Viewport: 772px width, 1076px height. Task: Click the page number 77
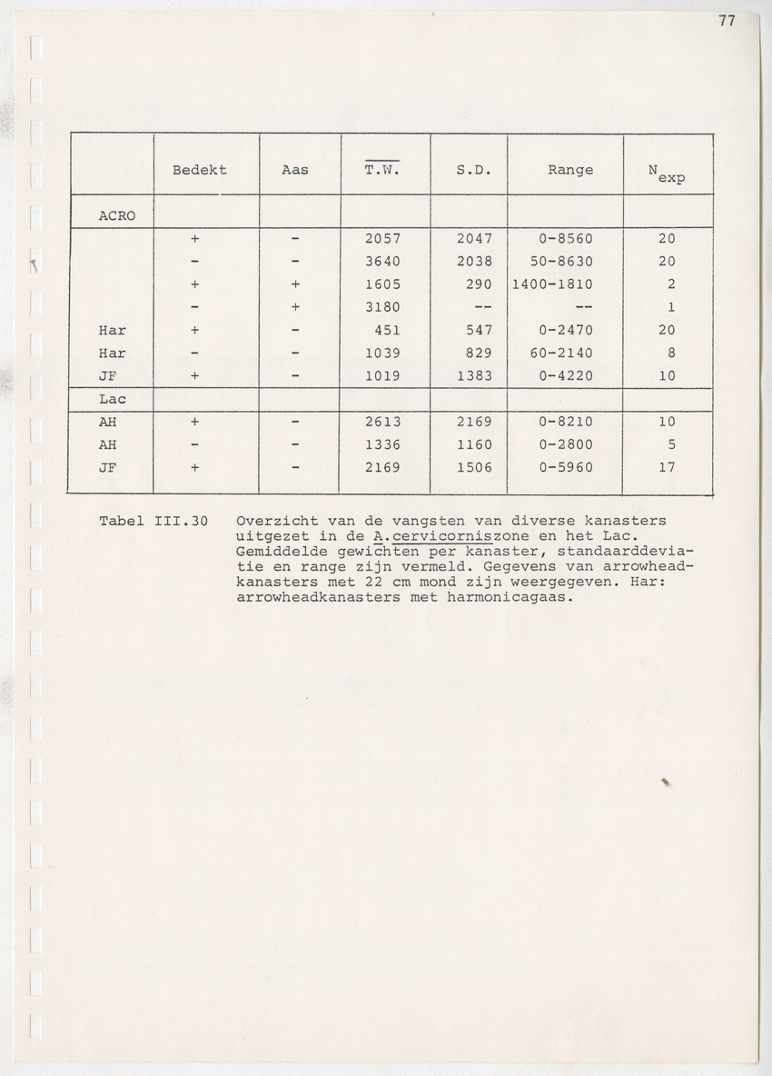726,22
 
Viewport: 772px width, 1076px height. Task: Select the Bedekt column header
200,170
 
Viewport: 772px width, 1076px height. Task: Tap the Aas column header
295,170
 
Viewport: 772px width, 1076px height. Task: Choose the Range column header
570,170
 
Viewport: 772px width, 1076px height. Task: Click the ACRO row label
117,217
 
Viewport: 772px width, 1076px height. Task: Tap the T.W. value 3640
382,262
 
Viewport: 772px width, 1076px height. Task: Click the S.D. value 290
479,284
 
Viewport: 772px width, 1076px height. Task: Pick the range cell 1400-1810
552,284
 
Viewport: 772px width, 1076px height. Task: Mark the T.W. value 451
388,330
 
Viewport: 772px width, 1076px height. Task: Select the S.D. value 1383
473,375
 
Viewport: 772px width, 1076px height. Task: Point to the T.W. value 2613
382,422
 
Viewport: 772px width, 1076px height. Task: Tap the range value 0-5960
565,468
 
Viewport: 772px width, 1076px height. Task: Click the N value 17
667,468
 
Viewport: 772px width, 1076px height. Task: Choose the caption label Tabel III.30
154,522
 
